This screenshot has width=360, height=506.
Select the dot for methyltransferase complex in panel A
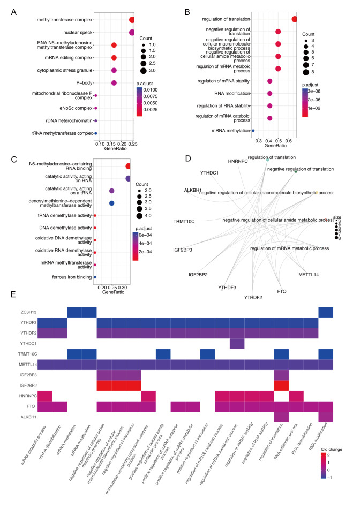(x=132, y=20)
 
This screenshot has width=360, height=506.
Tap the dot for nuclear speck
(x=132, y=33)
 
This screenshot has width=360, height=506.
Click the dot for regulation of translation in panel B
(x=295, y=19)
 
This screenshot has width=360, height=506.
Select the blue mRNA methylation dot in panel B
(x=253, y=130)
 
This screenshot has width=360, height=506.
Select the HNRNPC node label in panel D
(x=238, y=161)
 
